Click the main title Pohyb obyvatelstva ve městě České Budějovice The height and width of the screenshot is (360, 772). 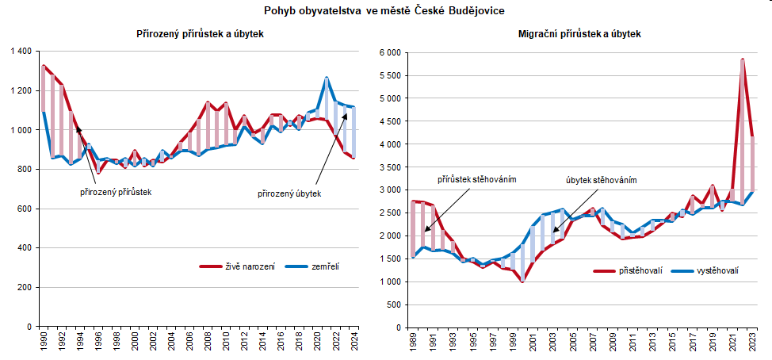(x=384, y=10)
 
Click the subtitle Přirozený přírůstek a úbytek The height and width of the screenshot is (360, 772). (x=199, y=35)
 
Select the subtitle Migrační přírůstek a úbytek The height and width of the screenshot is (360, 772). (x=580, y=35)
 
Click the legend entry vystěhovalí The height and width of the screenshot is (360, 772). (x=717, y=271)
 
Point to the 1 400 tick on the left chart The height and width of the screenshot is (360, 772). (x=20, y=52)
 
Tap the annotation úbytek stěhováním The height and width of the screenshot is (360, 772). (x=601, y=180)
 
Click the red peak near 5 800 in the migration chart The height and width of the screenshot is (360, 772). (x=742, y=59)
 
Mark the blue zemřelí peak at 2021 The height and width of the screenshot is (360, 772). (x=327, y=78)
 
